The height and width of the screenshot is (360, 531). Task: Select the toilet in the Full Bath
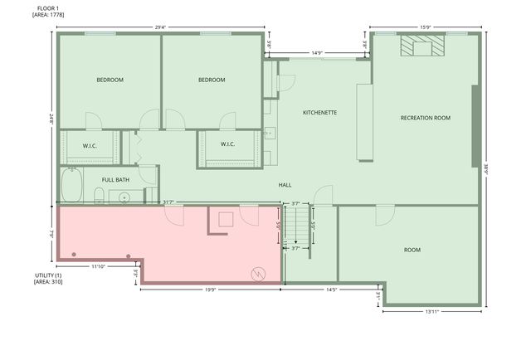tap(99, 197)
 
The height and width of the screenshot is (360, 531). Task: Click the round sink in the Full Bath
tap(124, 197)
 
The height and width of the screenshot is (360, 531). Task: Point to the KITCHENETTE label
tap(319, 112)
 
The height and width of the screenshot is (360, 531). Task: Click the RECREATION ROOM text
tap(425, 118)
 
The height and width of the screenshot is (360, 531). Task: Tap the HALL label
tap(285, 185)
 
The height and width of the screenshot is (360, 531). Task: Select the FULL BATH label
tap(115, 179)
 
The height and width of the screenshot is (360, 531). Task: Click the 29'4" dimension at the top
tap(160, 27)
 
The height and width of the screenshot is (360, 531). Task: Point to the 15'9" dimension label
tap(425, 27)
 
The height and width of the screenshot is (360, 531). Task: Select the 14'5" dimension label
tap(330, 289)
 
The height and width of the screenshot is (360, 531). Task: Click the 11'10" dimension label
tap(98, 266)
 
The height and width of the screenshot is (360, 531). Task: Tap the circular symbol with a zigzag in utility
tap(258, 272)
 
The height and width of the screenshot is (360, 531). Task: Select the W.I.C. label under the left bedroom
tap(90, 146)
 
